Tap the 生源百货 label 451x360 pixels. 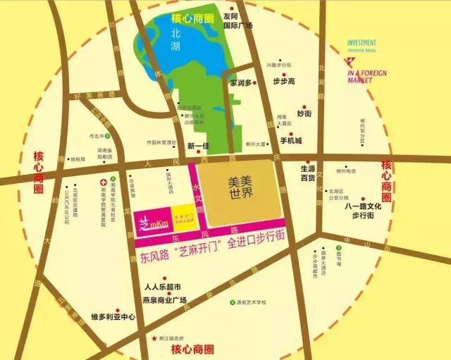(x=307, y=173)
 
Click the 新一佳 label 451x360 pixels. (x=199, y=146)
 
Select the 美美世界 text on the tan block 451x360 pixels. (x=240, y=185)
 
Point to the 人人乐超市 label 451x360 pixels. (x=163, y=287)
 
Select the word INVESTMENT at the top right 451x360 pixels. (x=361, y=42)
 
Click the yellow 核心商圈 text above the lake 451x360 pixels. (x=192, y=15)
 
